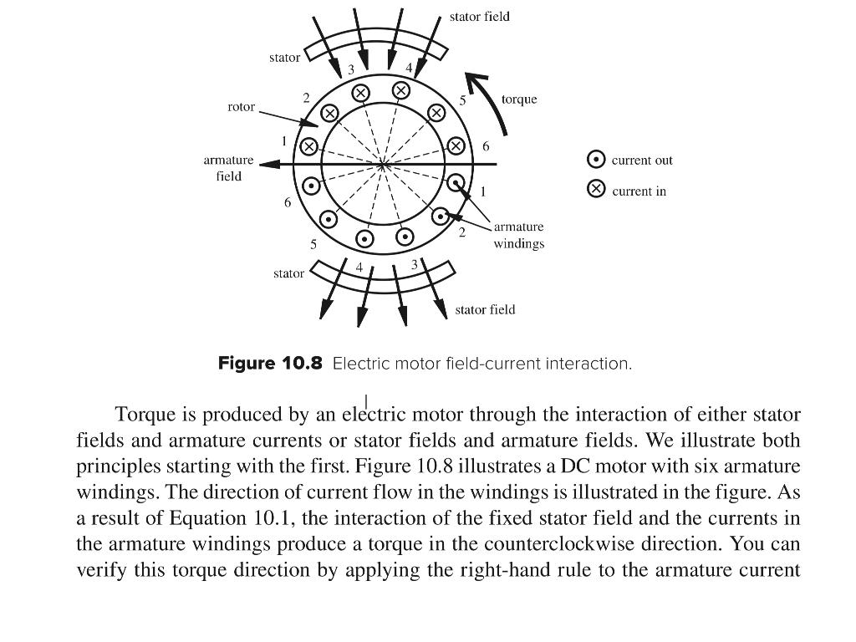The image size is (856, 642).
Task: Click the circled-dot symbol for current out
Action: (x=596, y=160)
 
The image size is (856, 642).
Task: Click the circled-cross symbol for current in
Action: (x=596, y=190)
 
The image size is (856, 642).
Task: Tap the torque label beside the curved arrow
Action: (x=519, y=99)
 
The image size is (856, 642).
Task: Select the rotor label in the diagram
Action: (x=242, y=107)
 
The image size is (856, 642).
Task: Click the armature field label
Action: (x=228, y=167)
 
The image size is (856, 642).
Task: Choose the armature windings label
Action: (x=518, y=235)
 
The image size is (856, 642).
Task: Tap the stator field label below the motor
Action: (x=485, y=309)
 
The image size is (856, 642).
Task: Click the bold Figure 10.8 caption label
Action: (x=270, y=364)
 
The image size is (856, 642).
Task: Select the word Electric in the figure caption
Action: (x=358, y=364)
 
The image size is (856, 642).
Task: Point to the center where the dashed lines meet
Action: (x=382, y=165)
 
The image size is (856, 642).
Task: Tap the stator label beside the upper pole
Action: (x=284, y=58)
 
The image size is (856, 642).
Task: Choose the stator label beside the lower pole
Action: (x=288, y=273)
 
